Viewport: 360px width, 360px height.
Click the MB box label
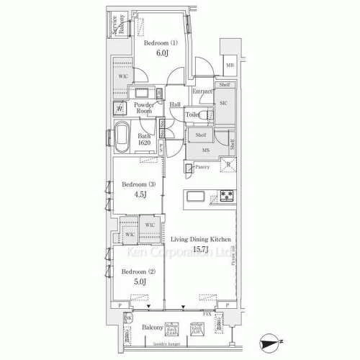pyautogui.click(x=229, y=67)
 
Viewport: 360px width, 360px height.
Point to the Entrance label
pyautogui.click(x=202, y=91)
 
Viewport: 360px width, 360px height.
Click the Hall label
pyautogui.click(x=175, y=106)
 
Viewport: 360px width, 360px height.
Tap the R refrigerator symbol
pyautogui.click(x=229, y=166)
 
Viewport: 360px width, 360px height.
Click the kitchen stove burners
pyautogui.click(x=228, y=196)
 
